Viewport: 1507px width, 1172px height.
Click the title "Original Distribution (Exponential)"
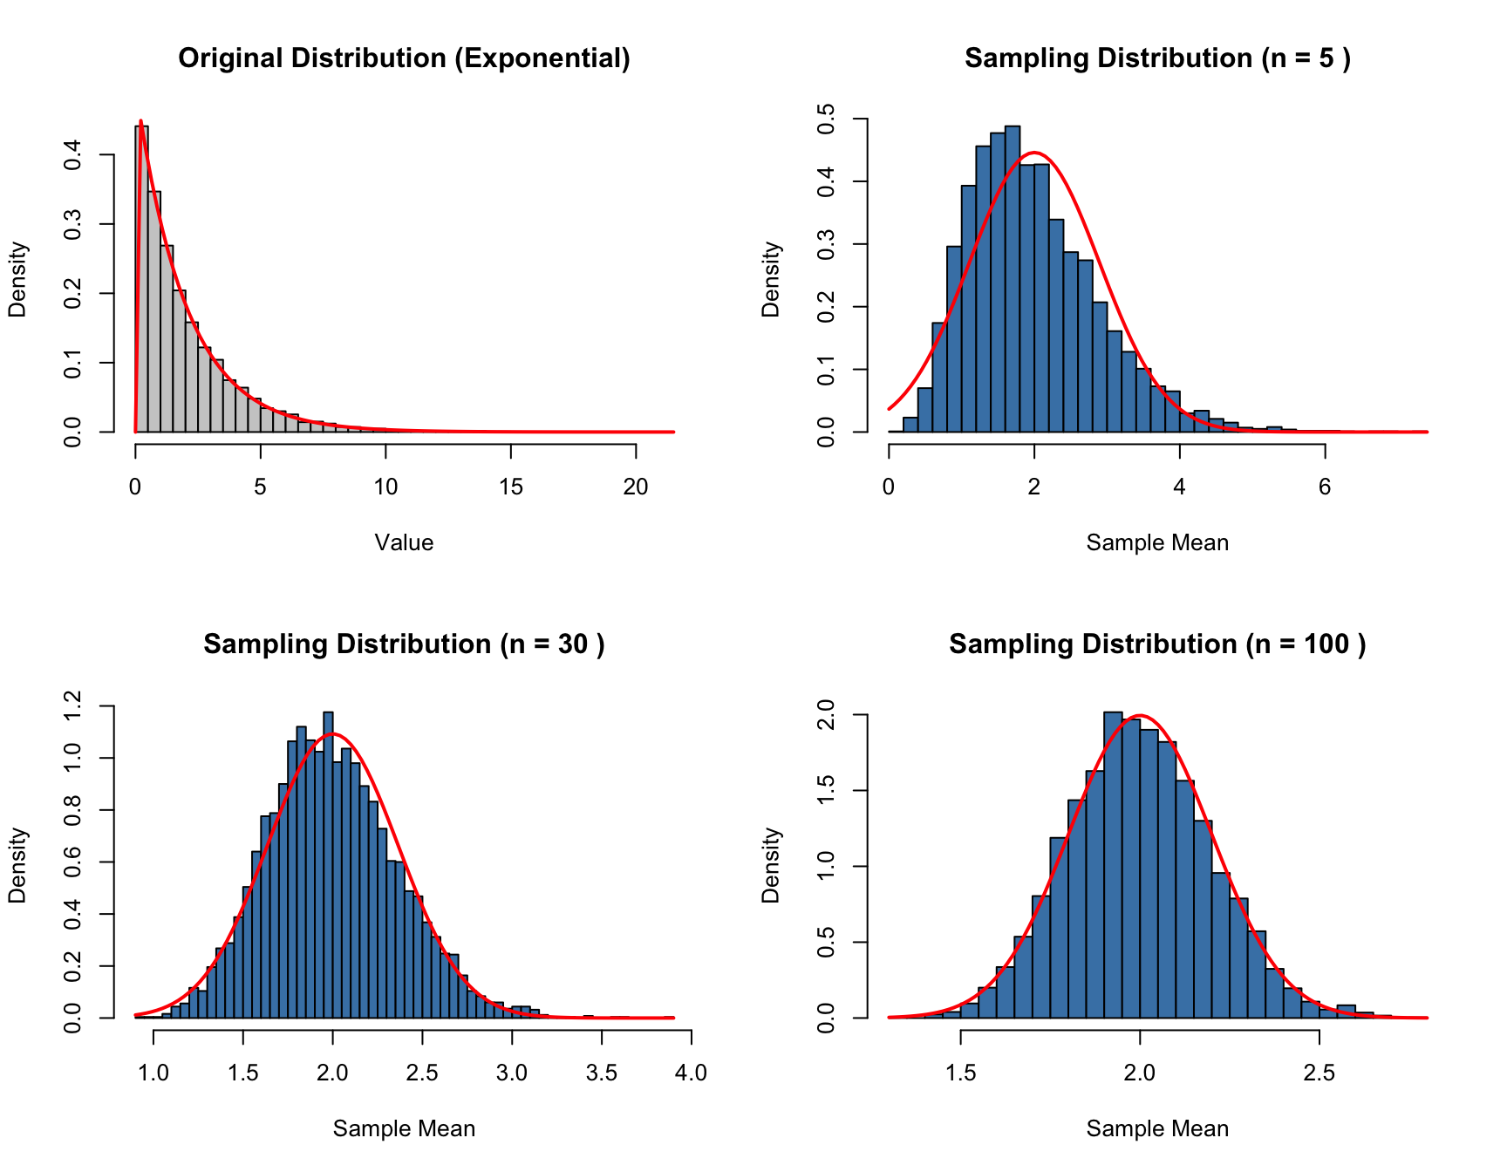click(x=404, y=58)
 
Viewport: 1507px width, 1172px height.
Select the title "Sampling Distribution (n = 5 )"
click(x=1157, y=58)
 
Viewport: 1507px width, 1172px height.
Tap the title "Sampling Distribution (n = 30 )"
click(x=404, y=644)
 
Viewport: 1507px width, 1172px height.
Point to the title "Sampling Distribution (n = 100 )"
click(x=1157, y=644)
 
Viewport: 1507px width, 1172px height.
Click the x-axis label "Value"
click(x=404, y=542)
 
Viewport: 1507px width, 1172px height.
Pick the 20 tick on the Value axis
click(x=636, y=487)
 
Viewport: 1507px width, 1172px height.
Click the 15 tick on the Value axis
click(x=511, y=487)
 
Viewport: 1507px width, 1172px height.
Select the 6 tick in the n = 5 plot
click(x=1325, y=487)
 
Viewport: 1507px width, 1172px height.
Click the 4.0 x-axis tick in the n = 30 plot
click(x=691, y=1073)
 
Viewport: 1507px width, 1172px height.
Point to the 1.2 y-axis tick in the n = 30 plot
click(x=72, y=705)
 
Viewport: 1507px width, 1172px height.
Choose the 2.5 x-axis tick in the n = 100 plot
click(x=1319, y=1073)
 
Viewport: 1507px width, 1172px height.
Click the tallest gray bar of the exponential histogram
click(x=141, y=279)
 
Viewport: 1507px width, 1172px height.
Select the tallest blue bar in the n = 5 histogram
click(x=1013, y=279)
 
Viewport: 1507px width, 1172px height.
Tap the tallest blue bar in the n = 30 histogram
click(x=328, y=863)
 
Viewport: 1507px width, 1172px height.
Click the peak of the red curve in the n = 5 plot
click(x=1034, y=153)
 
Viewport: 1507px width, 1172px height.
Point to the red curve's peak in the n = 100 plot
click(x=1139, y=716)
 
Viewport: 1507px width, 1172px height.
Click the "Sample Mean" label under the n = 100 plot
click(x=1157, y=1128)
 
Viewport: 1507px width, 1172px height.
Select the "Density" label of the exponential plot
click(x=17, y=279)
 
